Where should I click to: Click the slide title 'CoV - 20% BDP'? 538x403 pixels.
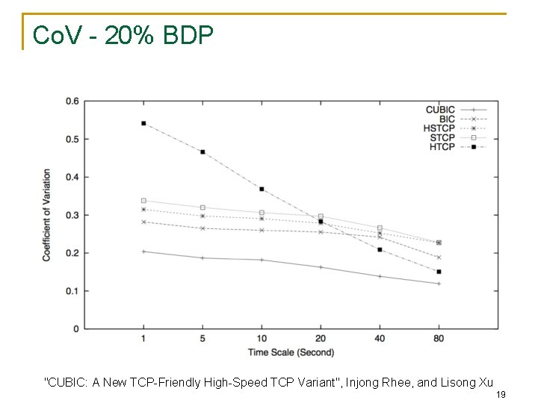pos(123,35)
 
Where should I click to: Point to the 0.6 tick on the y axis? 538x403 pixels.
pos(72,101)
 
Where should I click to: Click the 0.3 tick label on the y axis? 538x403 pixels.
pos(72,215)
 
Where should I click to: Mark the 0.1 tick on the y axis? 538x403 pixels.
pos(72,291)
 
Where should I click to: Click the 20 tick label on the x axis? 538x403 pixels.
pos(321,339)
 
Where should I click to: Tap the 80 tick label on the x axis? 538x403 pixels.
pos(439,339)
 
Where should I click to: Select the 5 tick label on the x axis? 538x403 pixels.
pos(202,339)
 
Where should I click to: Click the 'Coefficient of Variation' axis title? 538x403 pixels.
pos(46,215)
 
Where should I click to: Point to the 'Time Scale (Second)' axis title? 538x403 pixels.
pos(291,352)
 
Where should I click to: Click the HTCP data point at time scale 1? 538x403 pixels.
pos(143,123)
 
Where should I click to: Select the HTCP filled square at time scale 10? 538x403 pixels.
pos(262,189)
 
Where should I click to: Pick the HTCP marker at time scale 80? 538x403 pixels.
pos(439,272)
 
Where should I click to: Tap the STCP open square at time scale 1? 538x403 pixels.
pos(143,201)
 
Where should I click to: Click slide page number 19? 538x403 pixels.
pos(501,395)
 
